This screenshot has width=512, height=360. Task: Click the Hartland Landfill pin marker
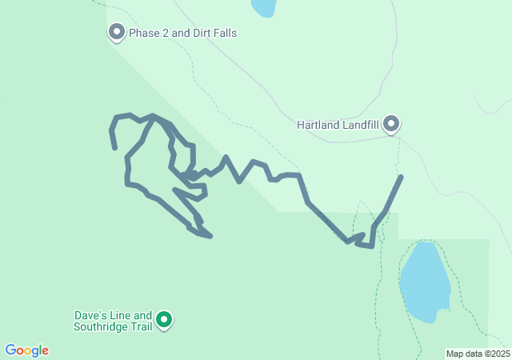tap(391, 123)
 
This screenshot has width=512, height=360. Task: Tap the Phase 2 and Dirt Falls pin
tap(117, 32)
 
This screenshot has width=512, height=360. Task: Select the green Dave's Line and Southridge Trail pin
tap(165, 320)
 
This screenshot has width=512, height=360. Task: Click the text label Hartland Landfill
tap(337, 125)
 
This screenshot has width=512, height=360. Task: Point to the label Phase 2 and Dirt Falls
tap(183, 34)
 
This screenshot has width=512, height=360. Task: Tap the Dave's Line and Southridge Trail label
tap(112, 321)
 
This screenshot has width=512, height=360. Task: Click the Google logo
tap(26, 350)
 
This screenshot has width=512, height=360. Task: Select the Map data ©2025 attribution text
tap(477, 354)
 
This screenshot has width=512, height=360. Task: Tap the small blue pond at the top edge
tap(262, 7)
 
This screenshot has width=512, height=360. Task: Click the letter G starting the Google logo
tap(10, 350)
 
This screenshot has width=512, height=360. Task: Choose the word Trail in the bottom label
tap(140, 326)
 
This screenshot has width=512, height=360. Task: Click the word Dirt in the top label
tap(198, 34)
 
